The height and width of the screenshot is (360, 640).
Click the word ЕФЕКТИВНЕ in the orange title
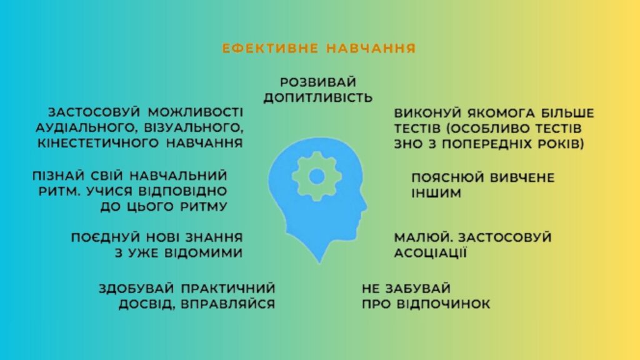(x=270, y=48)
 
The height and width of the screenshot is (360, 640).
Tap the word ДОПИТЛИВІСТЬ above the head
(x=318, y=97)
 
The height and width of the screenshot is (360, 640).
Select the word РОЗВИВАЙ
(x=318, y=82)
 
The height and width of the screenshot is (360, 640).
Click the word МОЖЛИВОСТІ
(x=195, y=112)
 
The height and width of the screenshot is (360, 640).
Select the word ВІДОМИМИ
(x=203, y=253)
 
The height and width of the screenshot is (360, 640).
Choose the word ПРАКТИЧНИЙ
(x=227, y=289)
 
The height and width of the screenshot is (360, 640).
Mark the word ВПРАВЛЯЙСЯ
(x=227, y=304)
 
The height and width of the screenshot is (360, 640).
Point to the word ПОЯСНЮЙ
(x=447, y=178)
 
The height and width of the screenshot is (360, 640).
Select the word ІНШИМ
(x=436, y=193)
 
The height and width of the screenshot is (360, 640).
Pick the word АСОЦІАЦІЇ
(x=430, y=252)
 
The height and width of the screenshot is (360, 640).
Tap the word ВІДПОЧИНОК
(x=443, y=304)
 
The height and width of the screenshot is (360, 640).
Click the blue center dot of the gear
(x=317, y=176)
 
